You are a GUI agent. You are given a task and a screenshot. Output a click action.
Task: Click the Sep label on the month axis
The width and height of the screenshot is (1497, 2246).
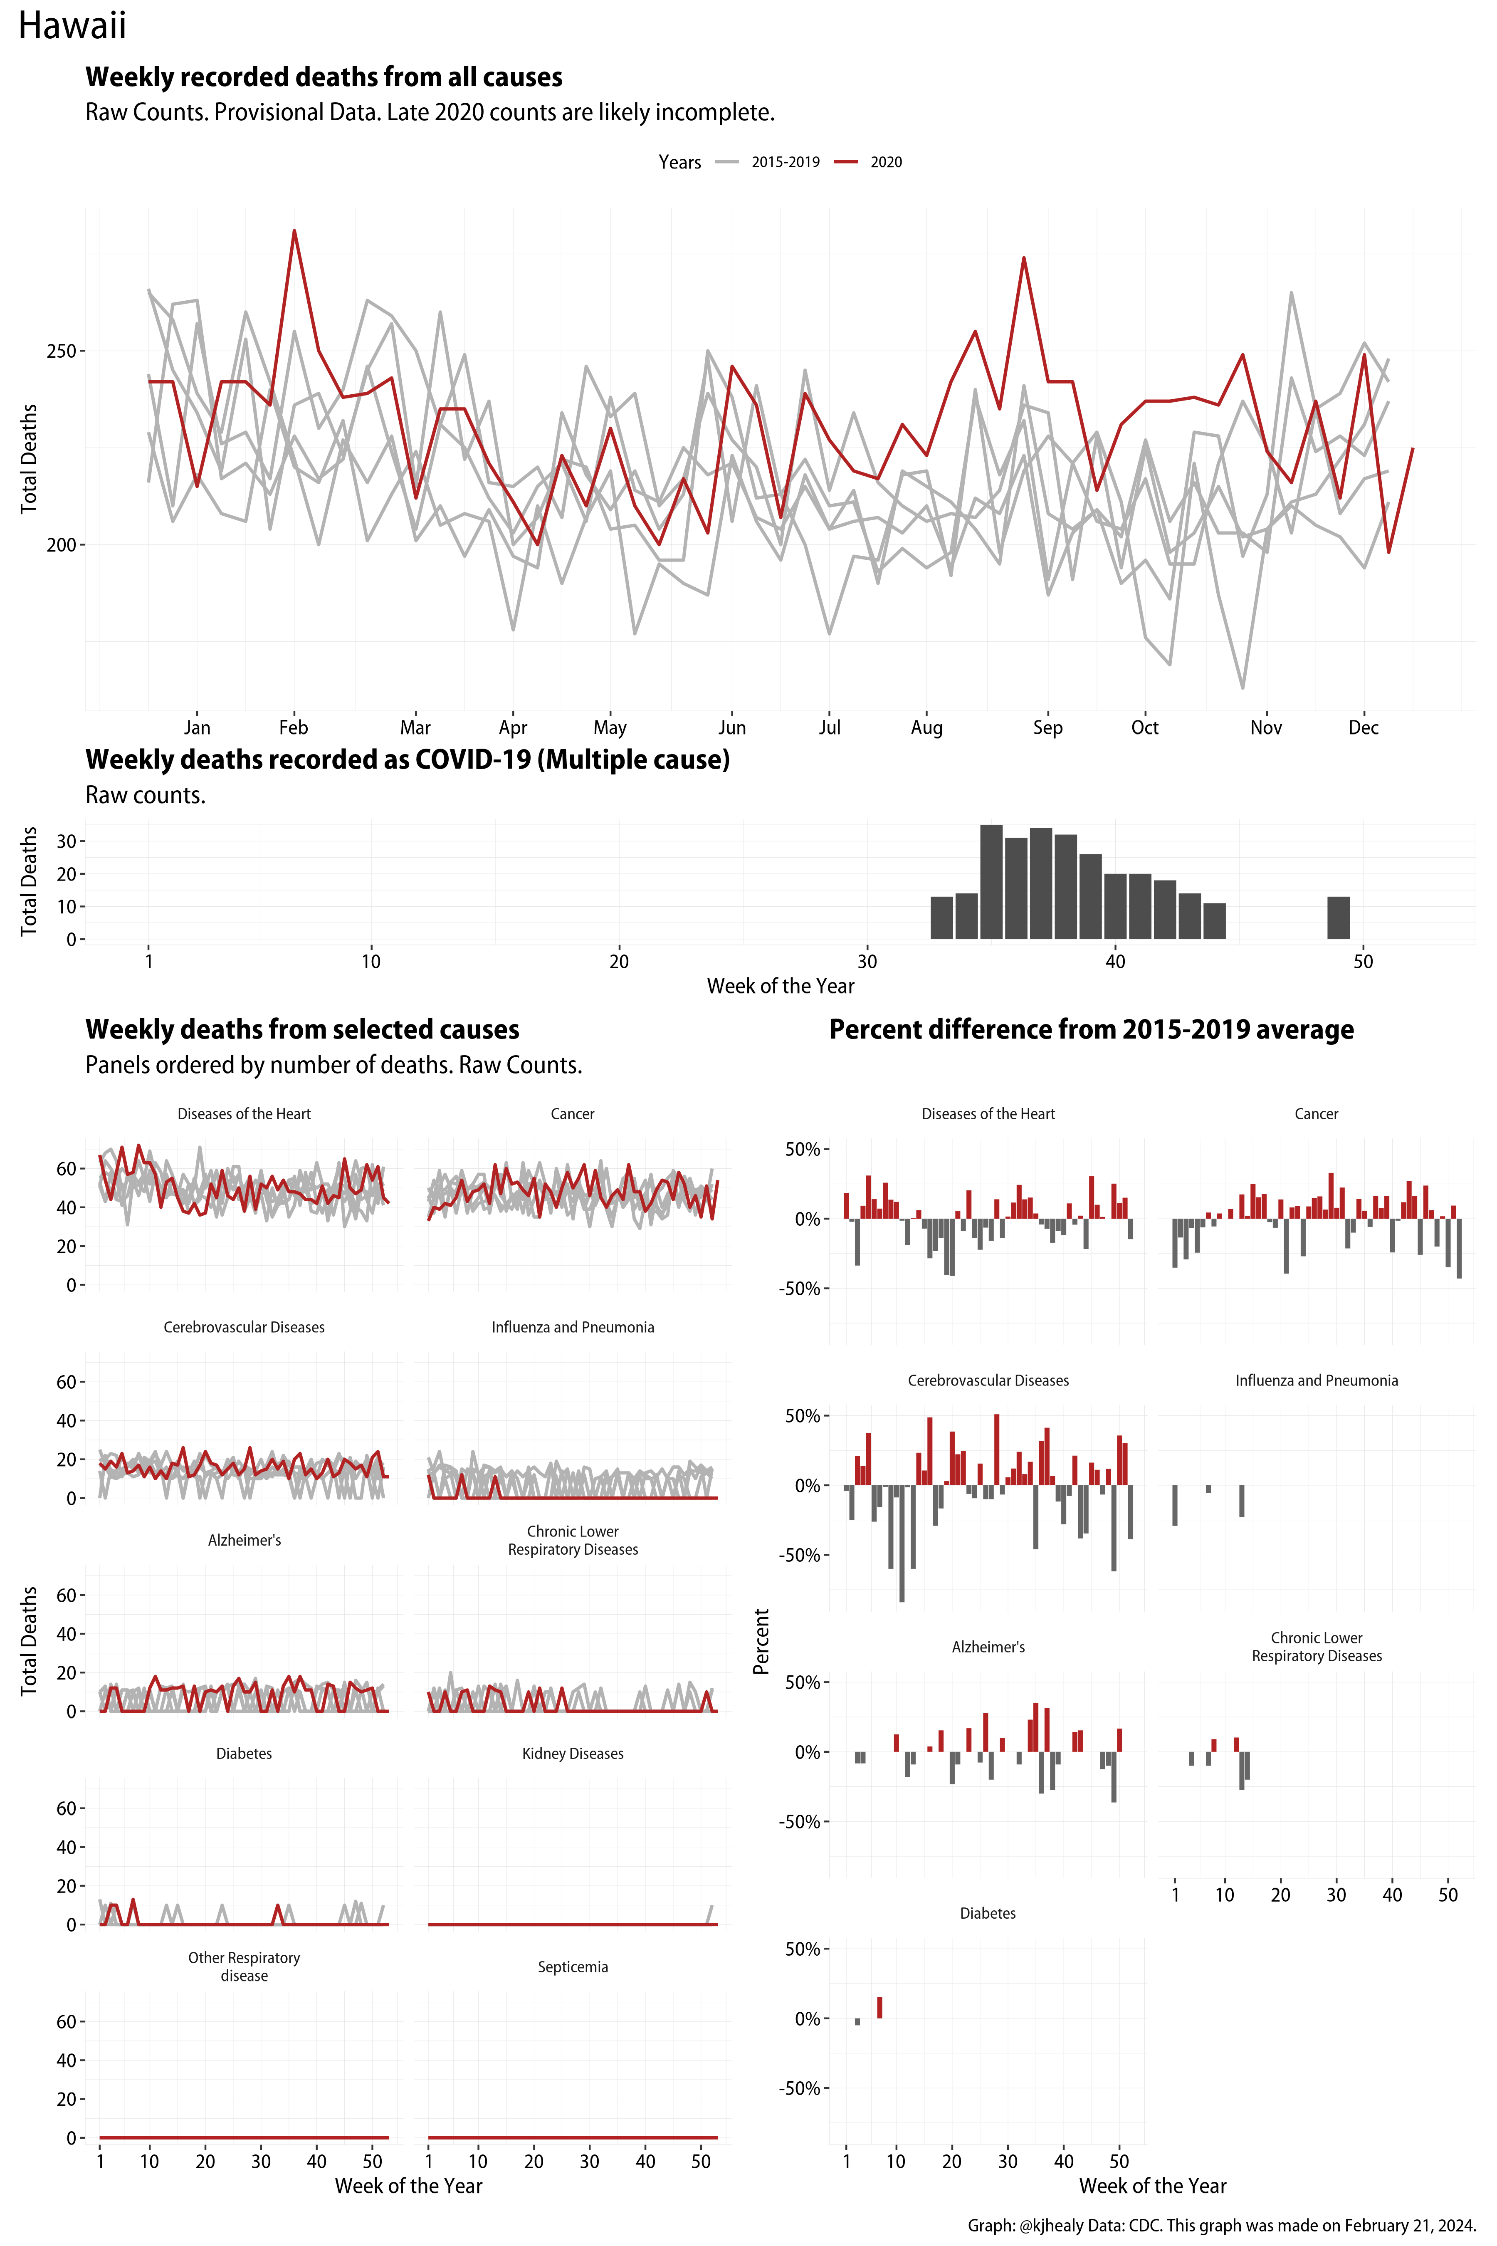tap(1047, 727)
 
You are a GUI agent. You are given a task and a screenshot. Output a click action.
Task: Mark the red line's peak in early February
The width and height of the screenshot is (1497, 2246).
tap(294, 231)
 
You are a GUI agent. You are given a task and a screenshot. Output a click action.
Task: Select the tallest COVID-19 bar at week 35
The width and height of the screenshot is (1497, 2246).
tap(991, 881)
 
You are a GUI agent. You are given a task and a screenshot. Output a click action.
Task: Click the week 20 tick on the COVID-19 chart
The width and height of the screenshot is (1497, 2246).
tap(619, 962)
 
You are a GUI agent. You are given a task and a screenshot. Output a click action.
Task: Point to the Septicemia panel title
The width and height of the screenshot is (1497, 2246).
tap(573, 1967)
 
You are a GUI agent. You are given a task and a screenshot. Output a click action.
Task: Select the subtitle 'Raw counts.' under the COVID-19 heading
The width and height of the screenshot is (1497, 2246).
tap(145, 795)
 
